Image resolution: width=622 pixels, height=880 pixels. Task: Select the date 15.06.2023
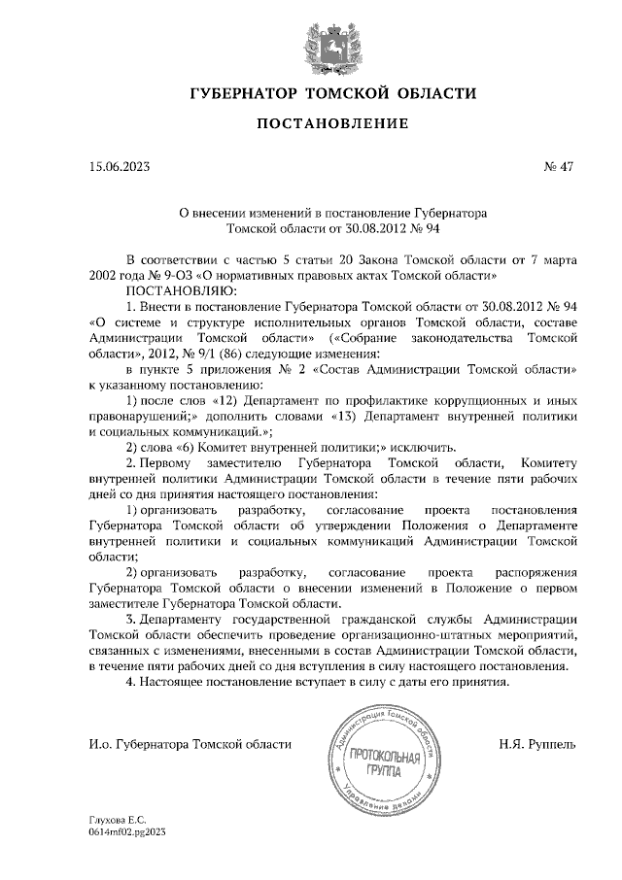(118, 166)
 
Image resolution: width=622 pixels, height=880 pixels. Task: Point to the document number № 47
(559, 166)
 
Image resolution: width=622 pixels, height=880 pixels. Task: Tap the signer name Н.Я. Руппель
(536, 744)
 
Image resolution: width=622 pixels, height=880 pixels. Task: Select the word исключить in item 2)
(422, 448)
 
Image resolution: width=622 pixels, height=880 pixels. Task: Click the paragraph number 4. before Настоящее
(132, 682)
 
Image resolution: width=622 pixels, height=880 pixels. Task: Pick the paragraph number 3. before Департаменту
(132, 619)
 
